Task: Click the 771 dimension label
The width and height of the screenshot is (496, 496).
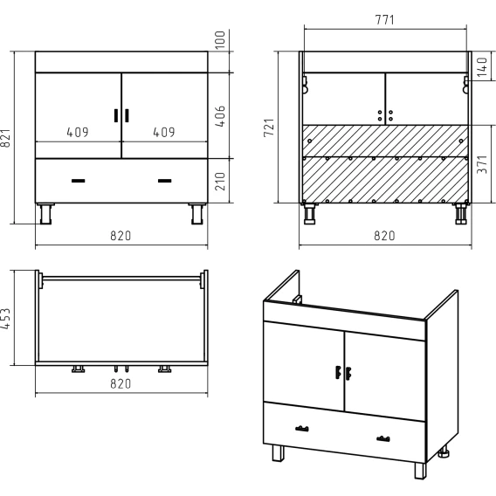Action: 384,20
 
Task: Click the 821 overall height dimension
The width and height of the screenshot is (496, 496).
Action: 6,138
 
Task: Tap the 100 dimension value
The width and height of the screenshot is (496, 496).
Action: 220,40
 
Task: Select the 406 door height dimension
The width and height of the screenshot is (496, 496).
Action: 220,116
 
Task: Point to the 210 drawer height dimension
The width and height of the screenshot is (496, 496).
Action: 220,182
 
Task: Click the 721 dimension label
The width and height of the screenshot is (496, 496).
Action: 269,127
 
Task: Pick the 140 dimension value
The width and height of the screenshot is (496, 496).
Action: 482,66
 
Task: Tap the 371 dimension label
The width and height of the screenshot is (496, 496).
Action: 482,164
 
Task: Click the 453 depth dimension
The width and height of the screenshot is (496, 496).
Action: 6,319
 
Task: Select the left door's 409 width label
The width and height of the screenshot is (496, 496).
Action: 78,132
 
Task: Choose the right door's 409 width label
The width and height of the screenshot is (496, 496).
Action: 164,132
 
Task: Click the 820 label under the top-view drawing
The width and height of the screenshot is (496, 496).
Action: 121,383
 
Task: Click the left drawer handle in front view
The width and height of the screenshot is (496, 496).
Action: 78,181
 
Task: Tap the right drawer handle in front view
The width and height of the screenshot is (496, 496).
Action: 164,181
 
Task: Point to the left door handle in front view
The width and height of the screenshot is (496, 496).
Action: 116,115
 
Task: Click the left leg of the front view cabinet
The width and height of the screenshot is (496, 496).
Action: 46,214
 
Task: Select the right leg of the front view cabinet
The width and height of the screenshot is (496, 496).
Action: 197,214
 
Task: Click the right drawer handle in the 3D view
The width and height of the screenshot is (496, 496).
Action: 383,438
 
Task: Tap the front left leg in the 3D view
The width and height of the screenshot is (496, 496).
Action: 278,453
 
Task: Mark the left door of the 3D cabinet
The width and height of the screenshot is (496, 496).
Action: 304,366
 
